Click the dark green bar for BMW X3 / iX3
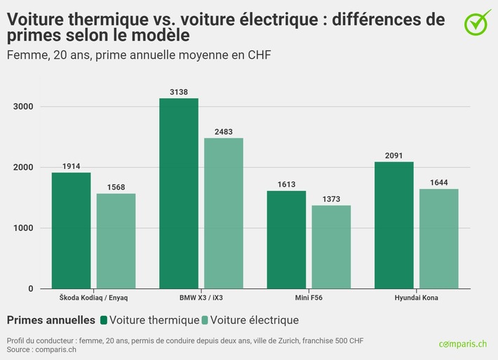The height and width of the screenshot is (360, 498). pyautogui.click(x=179, y=193)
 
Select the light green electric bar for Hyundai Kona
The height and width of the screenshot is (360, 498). pyautogui.click(x=439, y=239)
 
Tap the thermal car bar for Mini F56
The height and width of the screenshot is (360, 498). pyautogui.click(x=286, y=239)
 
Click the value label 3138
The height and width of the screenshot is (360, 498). pyautogui.click(x=179, y=92)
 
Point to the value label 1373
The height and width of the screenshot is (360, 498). pyautogui.click(x=331, y=199)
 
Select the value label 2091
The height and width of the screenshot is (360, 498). pyautogui.click(x=394, y=156)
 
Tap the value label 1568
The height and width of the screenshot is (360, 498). pyautogui.click(x=116, y=187)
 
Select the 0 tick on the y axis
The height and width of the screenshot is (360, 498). pyautogui.click(x=30, y=288)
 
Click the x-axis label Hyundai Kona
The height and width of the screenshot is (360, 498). pyautogui.click(x=417, y=298)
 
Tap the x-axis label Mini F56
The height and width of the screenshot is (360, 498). pyautogui.click(x=309, y=298)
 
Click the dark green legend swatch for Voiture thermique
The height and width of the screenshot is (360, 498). pyautogui.click(x=104, y=321)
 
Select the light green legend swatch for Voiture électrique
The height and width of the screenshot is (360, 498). pyautogui.click(x=205, y=321)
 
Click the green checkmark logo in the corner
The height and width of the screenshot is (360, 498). pyautogui.click(x=478, y=22)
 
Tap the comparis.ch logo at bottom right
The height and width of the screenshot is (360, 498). pyautogui.click(x=462, y=344)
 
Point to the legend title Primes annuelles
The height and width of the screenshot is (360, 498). pyautogui.click(x=51, y=320)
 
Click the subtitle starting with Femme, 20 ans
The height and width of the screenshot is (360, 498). pyautogui.click(x=139, y=54)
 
